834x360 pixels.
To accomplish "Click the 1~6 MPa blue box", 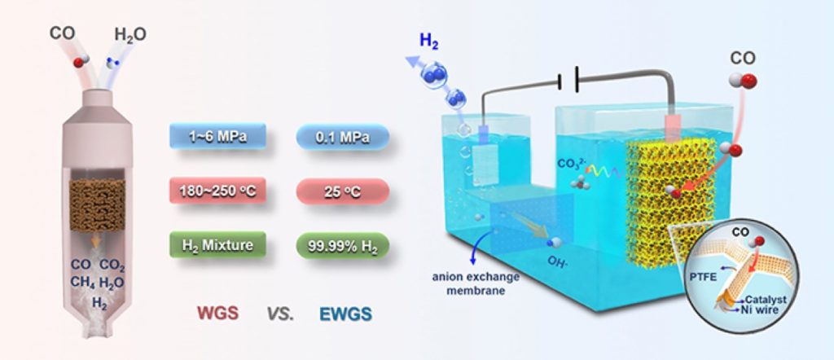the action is click(217, 137).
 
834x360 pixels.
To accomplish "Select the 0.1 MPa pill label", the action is click(343, 137).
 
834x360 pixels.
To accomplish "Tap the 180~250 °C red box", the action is click(217, 191).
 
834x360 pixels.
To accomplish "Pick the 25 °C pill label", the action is click(343, 191).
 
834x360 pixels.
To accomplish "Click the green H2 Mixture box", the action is click(217, 245).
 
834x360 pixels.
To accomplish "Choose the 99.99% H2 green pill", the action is click(343, 245).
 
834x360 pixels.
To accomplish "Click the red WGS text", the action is click(217, 314).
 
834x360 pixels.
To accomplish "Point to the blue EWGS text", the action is click(345, 314).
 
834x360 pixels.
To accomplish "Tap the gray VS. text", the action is click(280, 314).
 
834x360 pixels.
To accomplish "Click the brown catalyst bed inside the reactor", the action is click(98, 204).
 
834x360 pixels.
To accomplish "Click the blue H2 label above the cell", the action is click(429, 42).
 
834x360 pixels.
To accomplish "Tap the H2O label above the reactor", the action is click(130, 35).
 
